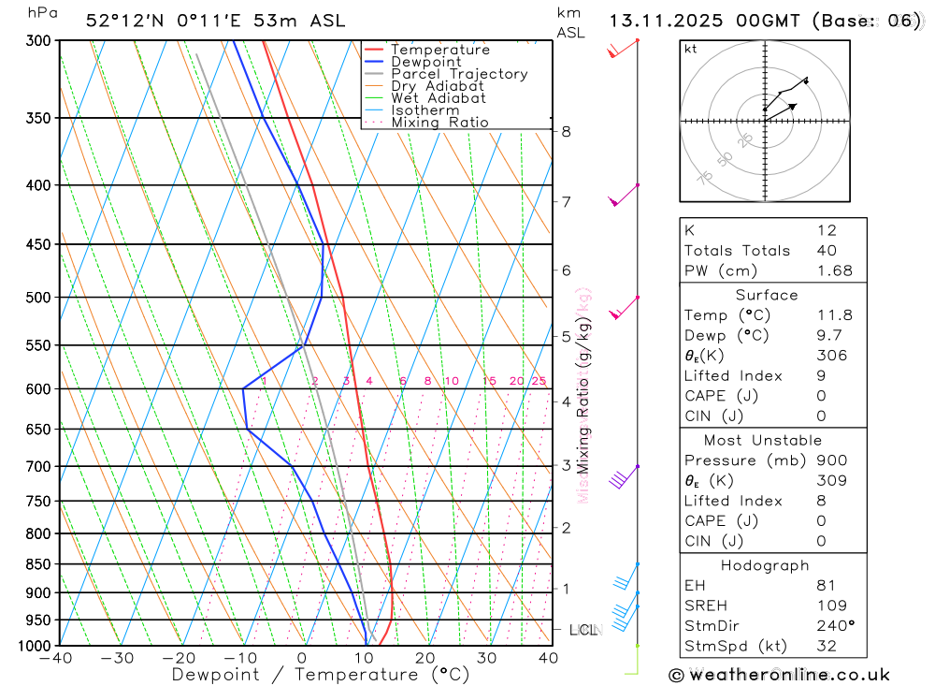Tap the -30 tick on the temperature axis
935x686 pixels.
(118, 658)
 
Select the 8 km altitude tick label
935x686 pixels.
(566, 132)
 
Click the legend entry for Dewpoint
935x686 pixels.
(425, 62)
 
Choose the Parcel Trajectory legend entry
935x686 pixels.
(458, 74)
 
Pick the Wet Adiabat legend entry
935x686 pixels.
(438, 98)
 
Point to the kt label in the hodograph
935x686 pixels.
(691, 50)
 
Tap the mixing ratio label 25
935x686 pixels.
(539, 381)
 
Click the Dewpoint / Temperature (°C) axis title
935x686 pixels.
(321, 674)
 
